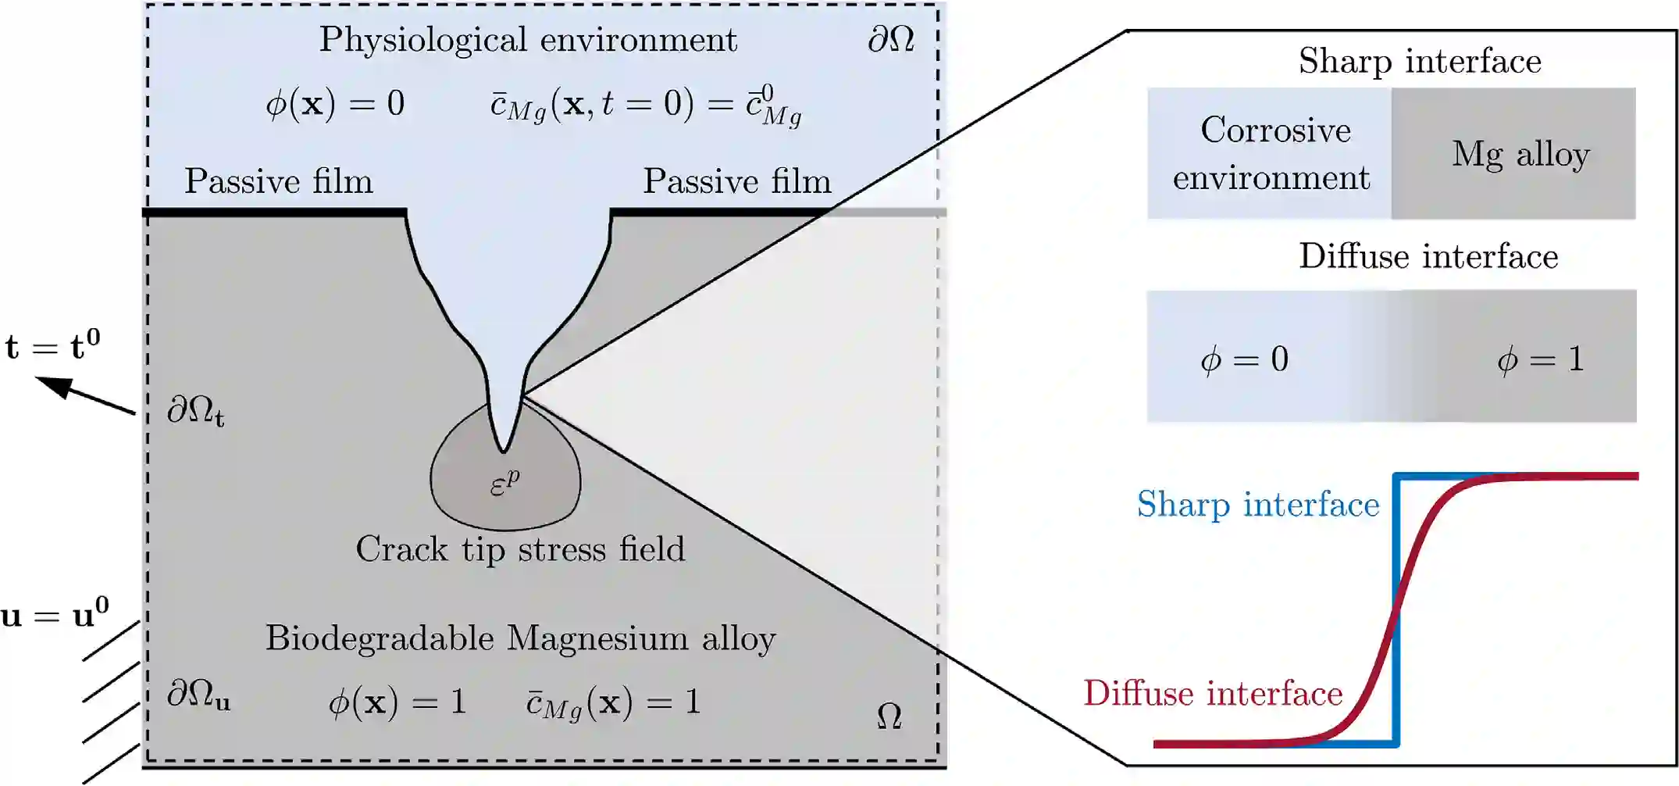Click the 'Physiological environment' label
(x=528, y=40)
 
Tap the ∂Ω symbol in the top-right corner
(x=891, y=39)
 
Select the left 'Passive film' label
(x=279, y=181)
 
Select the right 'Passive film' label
(x=737, y=181)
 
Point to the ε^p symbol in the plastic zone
(x=504, y=484)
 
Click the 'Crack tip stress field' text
(x=520, y=548)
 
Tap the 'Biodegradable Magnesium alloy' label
(x=520, y=638)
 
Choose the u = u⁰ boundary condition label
(x=55, y=614)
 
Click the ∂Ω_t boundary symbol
(x=195, y=411)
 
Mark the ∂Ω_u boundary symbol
(x=198, y=695)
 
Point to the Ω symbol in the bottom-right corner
(x=889, y=716)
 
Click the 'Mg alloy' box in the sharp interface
(x=1520, y=154)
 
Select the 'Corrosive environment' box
(x=1271, y=154)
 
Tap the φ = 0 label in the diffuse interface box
(x=1244, y=359)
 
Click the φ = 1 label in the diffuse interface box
(x=1540, y=359)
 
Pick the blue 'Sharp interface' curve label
(x=1257, y=505)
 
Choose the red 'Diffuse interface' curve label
(x=1212, y=694)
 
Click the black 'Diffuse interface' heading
(x=1428, y=256)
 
